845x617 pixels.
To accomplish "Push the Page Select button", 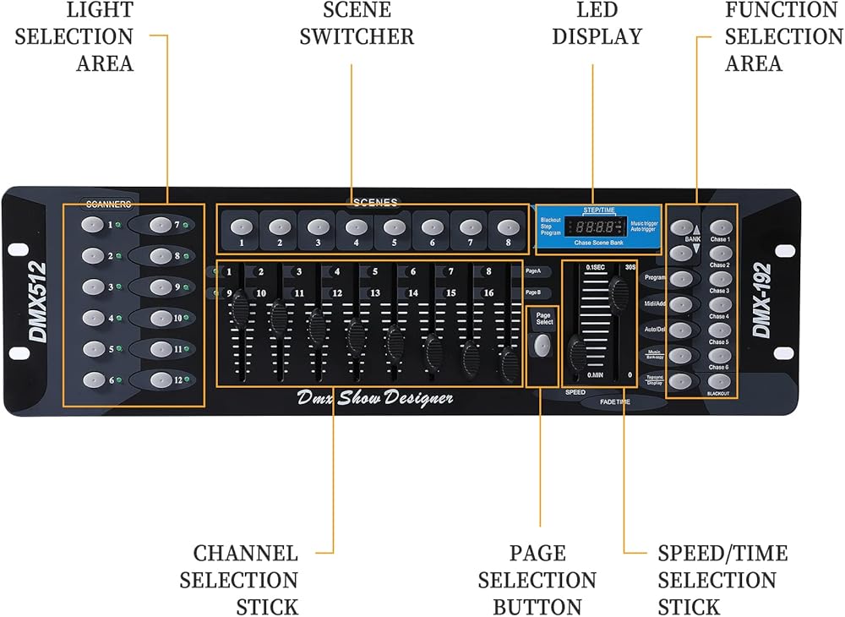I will coord(541,345).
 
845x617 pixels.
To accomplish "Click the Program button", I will coord(682,277).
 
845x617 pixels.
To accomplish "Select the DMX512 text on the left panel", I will coord(38,301).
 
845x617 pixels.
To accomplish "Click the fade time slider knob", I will coord(621,292).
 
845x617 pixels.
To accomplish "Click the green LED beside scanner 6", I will coord(119,380).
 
